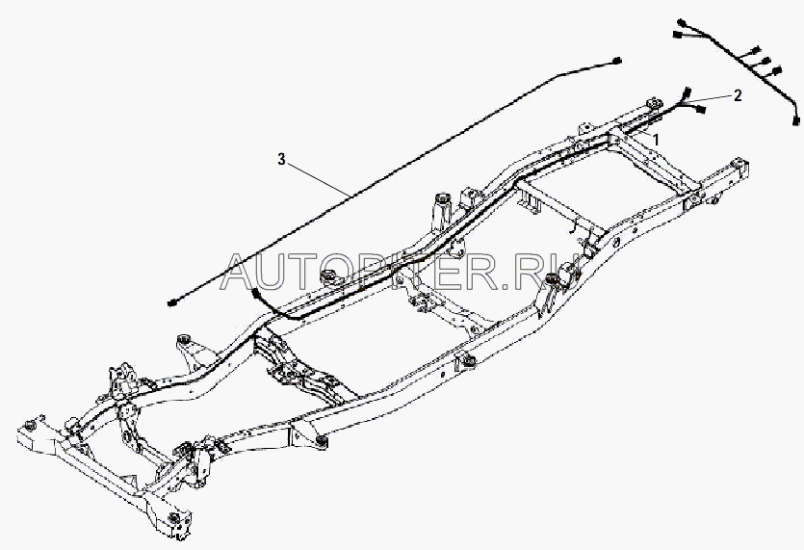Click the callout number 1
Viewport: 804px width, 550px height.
657,139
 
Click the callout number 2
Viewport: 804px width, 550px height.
737,95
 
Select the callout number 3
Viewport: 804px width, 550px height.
281,160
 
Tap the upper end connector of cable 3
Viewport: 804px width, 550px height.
617,60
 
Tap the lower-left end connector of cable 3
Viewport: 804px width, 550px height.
171,303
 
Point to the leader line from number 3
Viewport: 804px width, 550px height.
318,179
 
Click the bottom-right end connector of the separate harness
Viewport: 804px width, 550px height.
796,121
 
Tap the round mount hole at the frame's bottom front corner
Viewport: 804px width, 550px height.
173,520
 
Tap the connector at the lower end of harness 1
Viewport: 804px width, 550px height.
253,292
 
